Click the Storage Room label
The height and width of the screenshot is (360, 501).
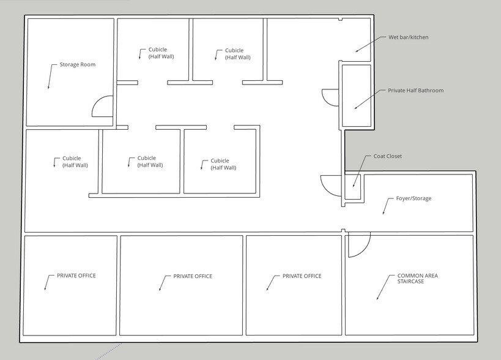click(77, 64)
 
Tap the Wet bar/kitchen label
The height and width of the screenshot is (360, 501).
click(408, 37)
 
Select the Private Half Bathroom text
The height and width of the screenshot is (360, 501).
click(415, 91)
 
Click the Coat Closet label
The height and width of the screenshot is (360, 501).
click(387, 156)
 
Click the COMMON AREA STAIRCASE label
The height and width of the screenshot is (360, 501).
click(417, 279)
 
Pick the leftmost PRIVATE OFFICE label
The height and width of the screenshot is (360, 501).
click(76, 276)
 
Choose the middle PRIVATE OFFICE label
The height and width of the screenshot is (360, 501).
click(193, 276)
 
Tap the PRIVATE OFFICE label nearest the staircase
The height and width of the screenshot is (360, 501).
click(302, 276)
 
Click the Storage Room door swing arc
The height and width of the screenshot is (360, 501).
click(101, 107)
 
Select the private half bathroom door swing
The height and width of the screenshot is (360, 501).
click(329, 97)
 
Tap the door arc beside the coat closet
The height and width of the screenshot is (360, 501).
click(329, 185)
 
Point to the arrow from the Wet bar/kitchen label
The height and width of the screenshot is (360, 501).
click(368, 44)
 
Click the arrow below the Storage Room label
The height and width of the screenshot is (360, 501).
click(51, 77)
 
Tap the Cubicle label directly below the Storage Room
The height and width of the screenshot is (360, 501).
click(75, 162)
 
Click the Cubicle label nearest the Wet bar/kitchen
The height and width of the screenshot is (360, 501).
click(237, 54)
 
